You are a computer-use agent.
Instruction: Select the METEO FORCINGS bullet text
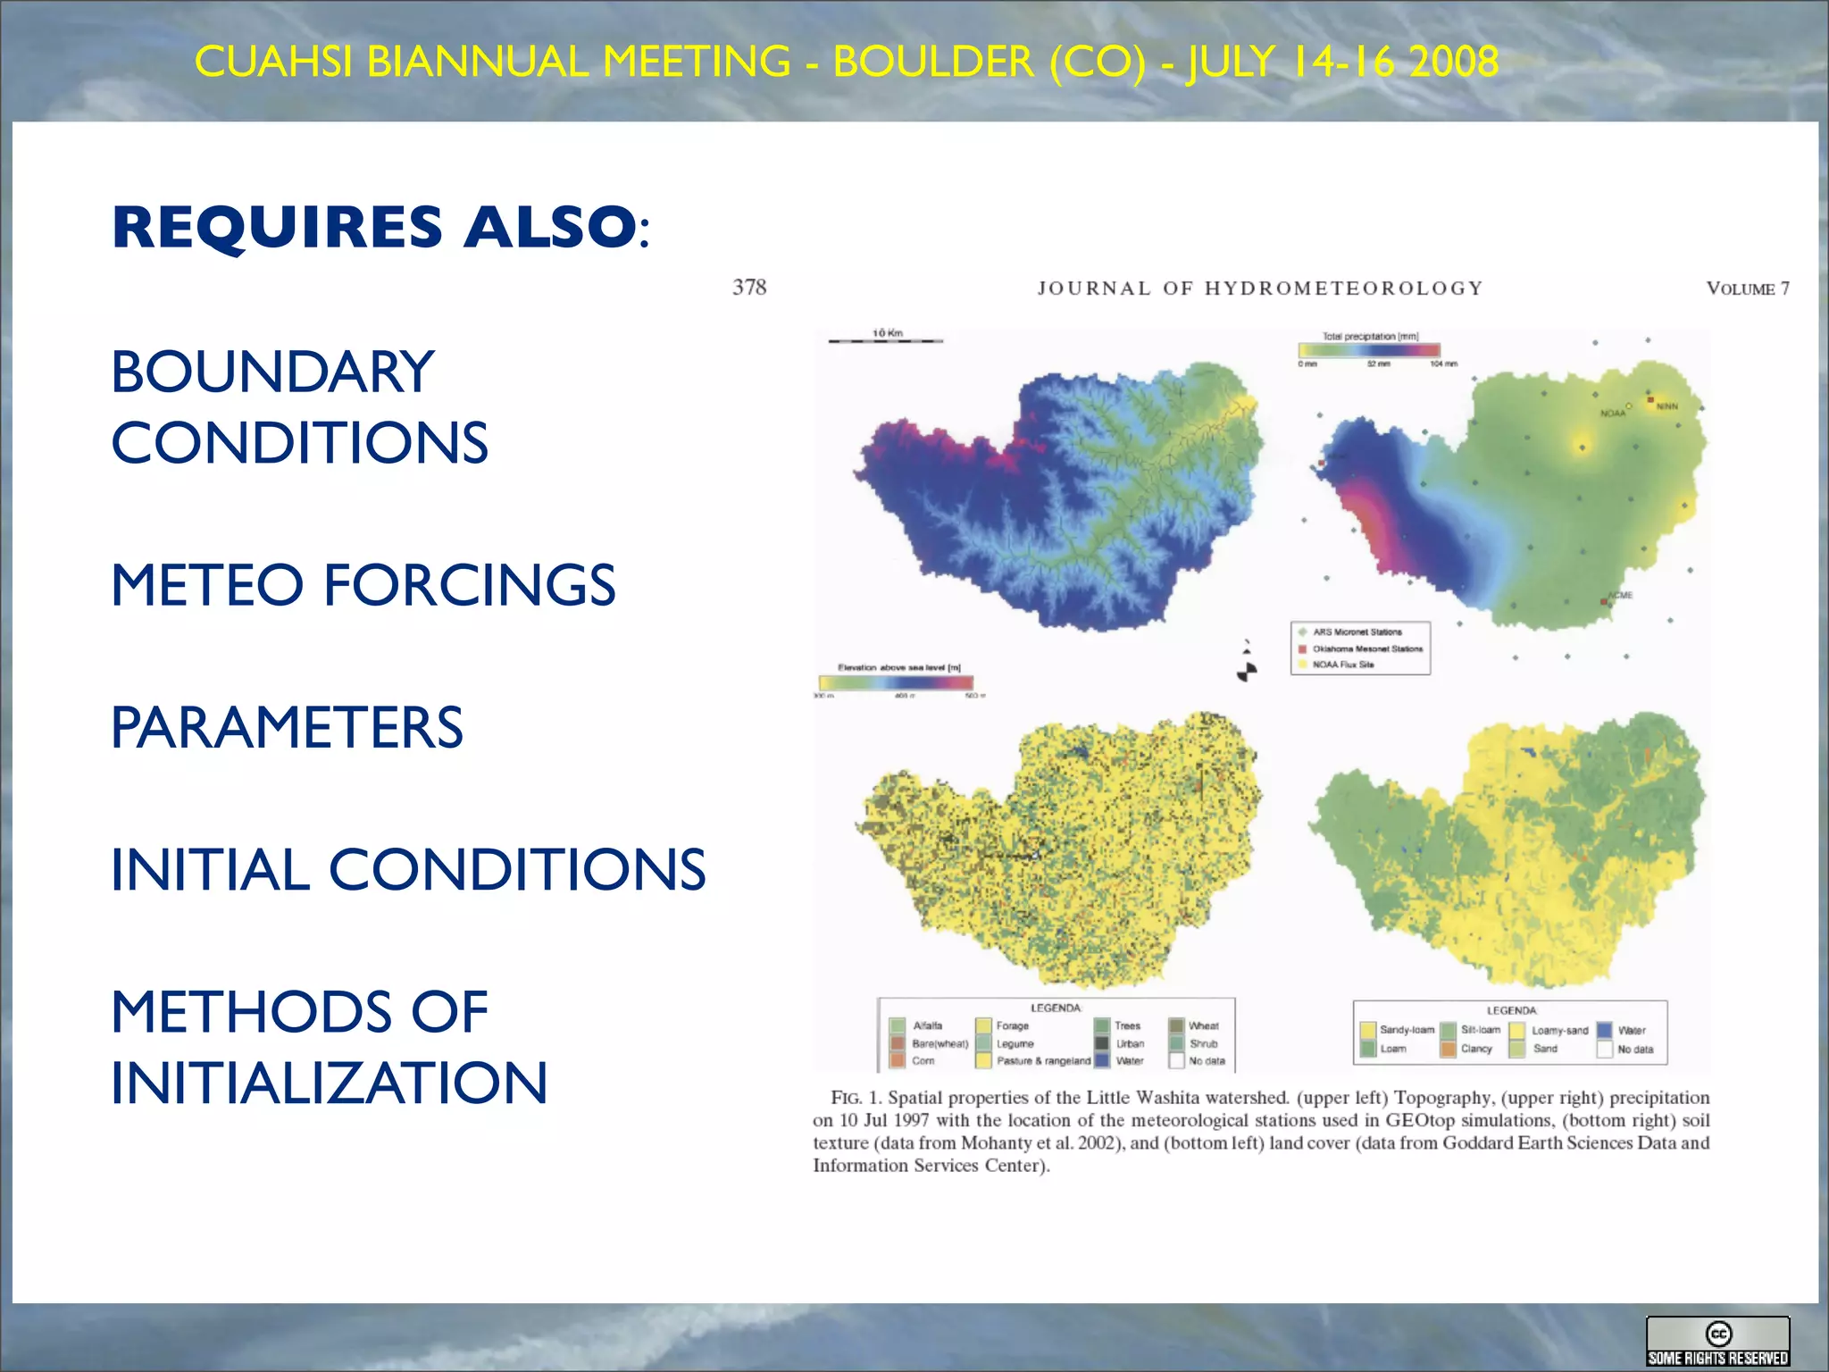[363, 585]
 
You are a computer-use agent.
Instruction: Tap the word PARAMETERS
[287, 727]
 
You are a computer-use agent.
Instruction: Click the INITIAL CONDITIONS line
[408, 869]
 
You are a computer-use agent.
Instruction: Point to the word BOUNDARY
[272, 372]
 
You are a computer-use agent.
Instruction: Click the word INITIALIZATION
[329, 1083]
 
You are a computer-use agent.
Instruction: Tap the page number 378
[749, 288]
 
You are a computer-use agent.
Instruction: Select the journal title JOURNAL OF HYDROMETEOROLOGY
[1259, 289]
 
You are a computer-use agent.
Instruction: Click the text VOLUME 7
[1747, 289]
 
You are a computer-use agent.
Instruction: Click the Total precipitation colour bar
[1368, 351]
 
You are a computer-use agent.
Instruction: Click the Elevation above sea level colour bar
[896, 682]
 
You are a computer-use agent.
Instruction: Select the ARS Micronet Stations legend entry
[1356, 632]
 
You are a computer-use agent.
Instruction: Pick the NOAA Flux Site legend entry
[1342, 665]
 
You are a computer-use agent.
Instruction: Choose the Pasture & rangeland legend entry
[1042, 1061]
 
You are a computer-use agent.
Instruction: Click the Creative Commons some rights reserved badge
[1717, 1342]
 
